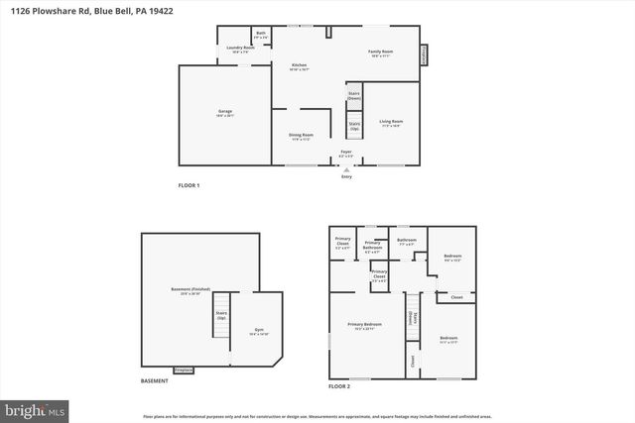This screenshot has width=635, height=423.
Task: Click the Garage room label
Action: click(x=225, y=113)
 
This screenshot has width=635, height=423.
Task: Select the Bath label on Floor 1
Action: click(x=261, y=35)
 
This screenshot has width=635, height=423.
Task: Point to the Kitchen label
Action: click(x=299, y=66)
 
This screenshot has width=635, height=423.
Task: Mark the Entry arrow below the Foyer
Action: click(x=346, y=169)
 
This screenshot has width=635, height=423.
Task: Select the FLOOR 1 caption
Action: click(x=189, y=185)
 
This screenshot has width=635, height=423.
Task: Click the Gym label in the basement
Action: click(x=259, y=332)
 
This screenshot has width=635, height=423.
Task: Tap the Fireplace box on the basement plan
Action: click(x=184, y=370)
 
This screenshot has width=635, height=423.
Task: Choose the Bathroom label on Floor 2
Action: click(x=406, y=241)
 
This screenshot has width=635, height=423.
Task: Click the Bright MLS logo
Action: click(x=36, y=408)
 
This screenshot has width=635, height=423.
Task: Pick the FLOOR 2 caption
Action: click(x=339, y=386)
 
